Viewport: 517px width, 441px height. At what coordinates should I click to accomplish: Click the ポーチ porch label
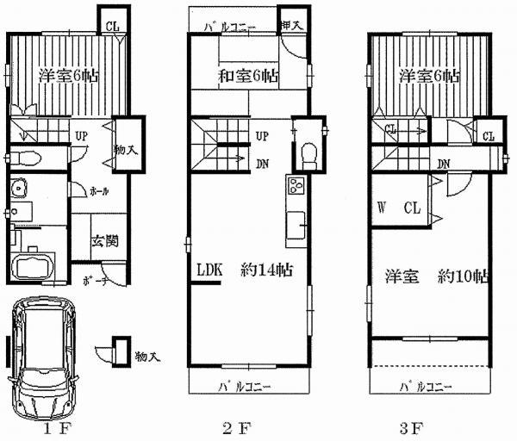96,281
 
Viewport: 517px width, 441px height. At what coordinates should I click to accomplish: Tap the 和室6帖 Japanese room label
247,77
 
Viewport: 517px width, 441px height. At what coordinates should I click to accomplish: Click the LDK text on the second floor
209,270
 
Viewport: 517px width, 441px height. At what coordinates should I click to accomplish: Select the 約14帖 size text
267,270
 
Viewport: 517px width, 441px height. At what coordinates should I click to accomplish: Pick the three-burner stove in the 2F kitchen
296,186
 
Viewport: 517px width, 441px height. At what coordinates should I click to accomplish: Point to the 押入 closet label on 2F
292,27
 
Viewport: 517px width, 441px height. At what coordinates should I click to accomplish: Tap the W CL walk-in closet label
397,208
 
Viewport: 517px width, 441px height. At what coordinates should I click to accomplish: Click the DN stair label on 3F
444,164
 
